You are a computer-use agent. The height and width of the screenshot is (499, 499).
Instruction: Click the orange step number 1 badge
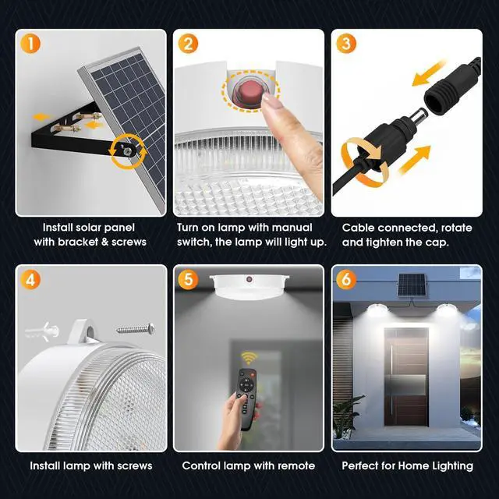pyautogui.click(x=30, y=44)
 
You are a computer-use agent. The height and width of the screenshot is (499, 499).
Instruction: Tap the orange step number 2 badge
pyautogui.click(x=188, y=44)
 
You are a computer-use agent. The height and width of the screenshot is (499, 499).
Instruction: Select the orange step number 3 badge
pyautogui.click(x=346, y=44)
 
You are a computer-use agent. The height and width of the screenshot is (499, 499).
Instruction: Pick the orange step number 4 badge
pyautogui.click(x=30, y=280)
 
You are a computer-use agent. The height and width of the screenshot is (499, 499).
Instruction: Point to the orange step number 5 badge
pyautogui.click(x=188, y=280)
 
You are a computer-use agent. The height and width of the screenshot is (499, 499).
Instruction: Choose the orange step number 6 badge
pyautogui.click(x=346, y=280)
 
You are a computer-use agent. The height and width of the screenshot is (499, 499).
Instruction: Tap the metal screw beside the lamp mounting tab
pyautogui.click(x=136, y=329)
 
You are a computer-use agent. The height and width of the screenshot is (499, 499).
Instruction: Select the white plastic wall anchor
pyautogui.click(x=42, y=331)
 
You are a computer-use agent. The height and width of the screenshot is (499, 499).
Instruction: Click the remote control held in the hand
pyautogui.click(x=247, y=398)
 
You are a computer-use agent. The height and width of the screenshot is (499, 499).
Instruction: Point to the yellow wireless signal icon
pyautogui.click(x=249, y=358)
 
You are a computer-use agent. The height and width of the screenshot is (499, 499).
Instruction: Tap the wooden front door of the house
pyautogui.click(x=406, y=377)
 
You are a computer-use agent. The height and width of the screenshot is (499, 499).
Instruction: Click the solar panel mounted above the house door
pyautogui.click(x=412, y=285)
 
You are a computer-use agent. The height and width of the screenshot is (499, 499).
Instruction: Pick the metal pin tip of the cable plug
pyautogui.click(x=419, y=113)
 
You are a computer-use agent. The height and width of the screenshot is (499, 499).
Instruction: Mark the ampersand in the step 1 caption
pyautogui.click(x=104, y=242)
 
